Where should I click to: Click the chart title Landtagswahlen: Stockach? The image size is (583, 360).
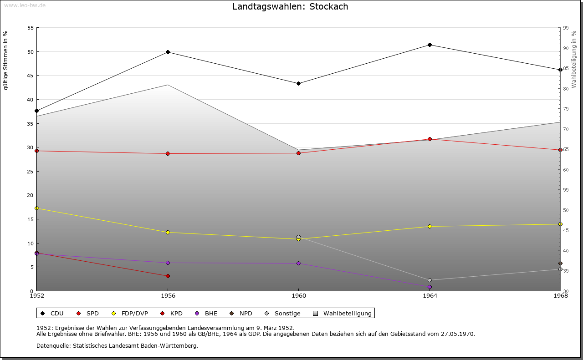tap(290, 7)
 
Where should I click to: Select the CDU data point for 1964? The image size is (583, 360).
tap(430, 45)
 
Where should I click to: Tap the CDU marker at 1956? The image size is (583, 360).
tap(168, 52)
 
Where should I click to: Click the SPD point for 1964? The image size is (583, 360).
tap(430, 139)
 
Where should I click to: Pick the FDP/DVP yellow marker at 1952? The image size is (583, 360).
tap(37, 208)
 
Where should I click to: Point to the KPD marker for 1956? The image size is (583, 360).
tap(168, 276)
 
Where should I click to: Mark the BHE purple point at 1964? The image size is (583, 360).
tap(430, 287)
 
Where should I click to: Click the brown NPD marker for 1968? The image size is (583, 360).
tap(560, 263)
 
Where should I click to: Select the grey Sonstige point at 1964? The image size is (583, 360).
tap(430, 280)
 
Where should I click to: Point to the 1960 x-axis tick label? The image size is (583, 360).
tap(298, 295)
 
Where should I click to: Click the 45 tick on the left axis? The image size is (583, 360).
tap(30, 76)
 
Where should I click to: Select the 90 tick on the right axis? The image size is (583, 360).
tap(565, 48)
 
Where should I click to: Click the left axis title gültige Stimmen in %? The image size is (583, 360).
tap(6, 60)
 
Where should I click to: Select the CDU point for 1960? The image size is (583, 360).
tap(298, 83)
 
